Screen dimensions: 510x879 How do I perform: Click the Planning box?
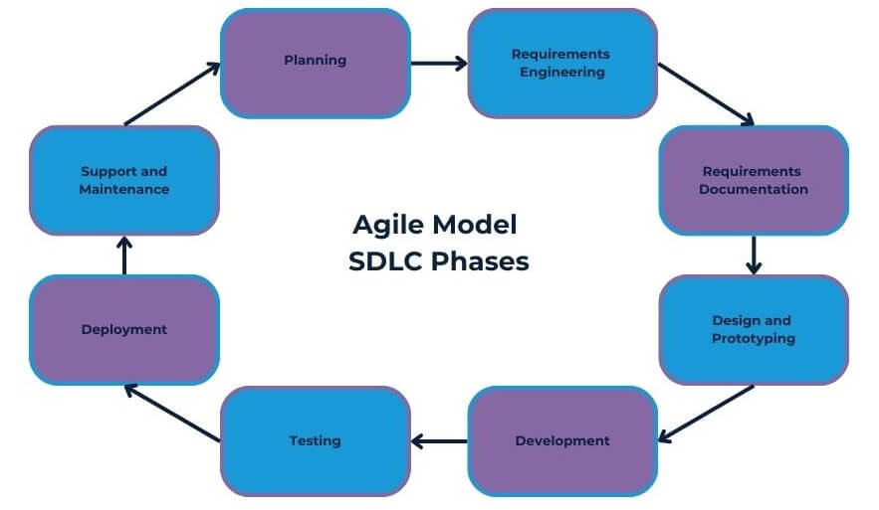click(315, 62)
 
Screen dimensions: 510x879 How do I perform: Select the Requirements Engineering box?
click(562, 63)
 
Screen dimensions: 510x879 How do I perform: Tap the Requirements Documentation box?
click(753, 180)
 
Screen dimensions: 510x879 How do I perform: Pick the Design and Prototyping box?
click(753, 329)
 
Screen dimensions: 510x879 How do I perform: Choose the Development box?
click(562, 440)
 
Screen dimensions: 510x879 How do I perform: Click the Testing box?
click(315, 440)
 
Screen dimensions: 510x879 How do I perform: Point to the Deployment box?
click(124, 329)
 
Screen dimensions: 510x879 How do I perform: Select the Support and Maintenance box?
click(124, 180)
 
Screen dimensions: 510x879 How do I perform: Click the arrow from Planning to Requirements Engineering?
click(438, 63)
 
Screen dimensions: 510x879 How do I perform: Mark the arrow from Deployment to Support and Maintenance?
click(124, 255)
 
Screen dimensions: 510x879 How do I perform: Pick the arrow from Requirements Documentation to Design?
click(754, 255)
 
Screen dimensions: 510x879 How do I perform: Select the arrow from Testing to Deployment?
click(171, 413)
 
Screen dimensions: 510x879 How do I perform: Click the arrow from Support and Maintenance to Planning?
click(171, 94)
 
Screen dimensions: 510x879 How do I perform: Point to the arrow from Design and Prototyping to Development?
click(707, 413)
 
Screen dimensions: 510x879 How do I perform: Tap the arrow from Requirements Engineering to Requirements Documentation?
click(707, 94)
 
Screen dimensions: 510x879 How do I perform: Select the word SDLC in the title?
click(382, 262)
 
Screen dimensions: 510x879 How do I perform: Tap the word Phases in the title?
click(480, 262)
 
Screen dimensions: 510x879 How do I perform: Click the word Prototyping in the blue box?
click(753, 338)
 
